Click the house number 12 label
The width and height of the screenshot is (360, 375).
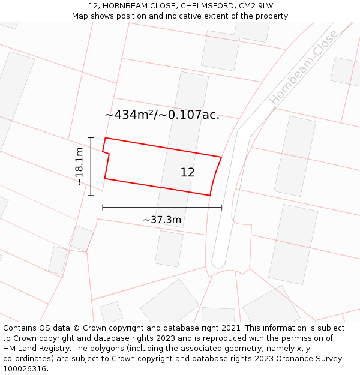pyautogui.click(x=187, y=172)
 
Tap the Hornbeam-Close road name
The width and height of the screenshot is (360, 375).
pyautogui.click(x=304, y=67)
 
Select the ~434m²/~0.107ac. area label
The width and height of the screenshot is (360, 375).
pyautogui.click(x=162, y=115)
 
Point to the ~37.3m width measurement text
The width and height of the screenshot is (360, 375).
pyautogui.click(x=162, y=220)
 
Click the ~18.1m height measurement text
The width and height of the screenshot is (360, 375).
pyautogui.click(x=79, y=167)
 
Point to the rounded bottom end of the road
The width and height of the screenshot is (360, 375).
pyautogui.click(x=218, y=263)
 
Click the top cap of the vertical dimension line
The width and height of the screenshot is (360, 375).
pyautogui.click(x=91, y=138)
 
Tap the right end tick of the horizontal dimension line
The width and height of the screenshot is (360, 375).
pyautogui.click(x=221, y=208)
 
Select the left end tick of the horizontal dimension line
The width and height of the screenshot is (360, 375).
pyautogui.click(x=103, y=208)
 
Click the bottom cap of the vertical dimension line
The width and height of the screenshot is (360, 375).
pyautogui.click(x=91, y=195)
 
